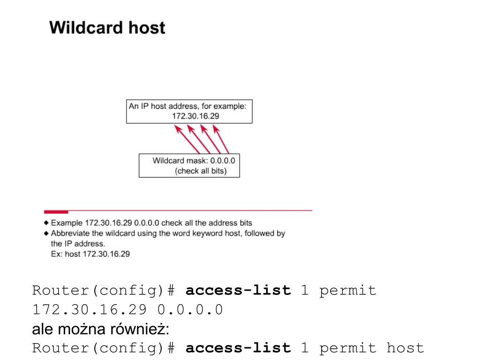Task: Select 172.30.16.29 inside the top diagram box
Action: [x=195, y=116]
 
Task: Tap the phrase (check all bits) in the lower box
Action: [x=201, y=171]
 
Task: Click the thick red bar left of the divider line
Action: [x=56, y=212]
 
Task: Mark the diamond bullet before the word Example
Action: [x=46, y=223]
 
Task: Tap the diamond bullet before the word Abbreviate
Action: [x=46, y=233]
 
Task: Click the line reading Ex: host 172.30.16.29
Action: [x=90, y=255]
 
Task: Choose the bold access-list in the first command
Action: [x=238, y=291]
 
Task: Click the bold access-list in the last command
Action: [x=238, y=348]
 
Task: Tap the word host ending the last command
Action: [x=405, y=348]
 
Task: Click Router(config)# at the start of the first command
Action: [x=103, y=291]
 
